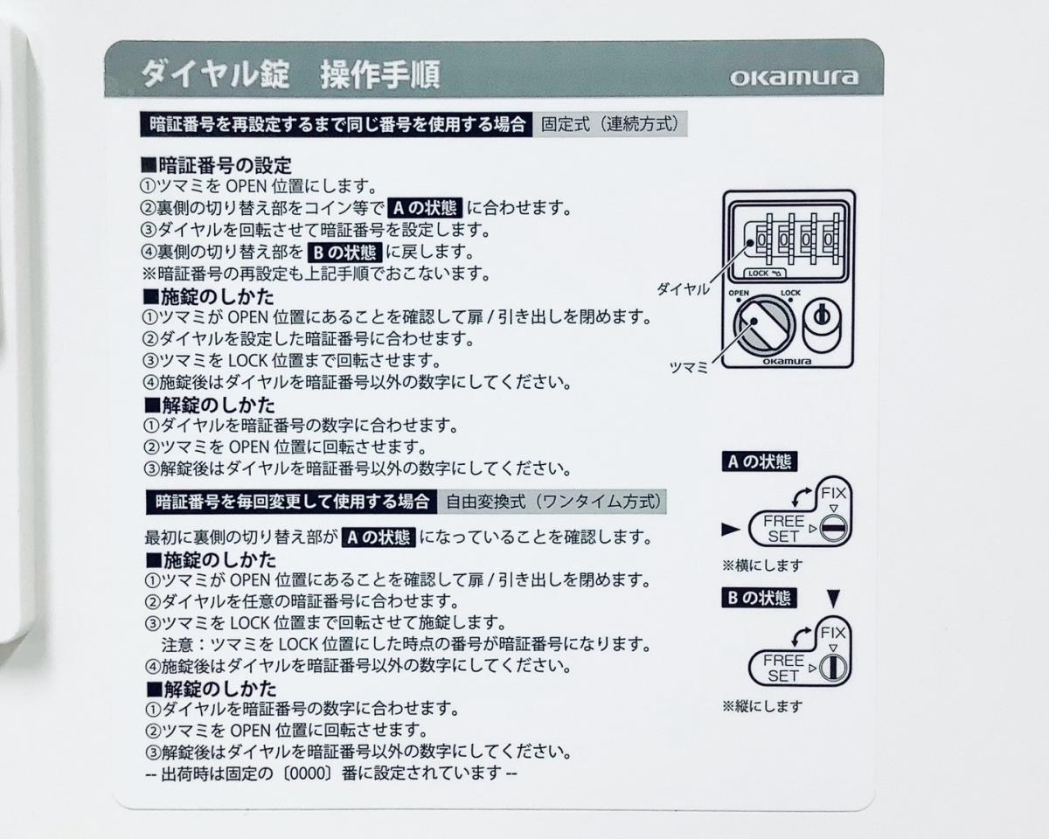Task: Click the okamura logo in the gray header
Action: tap(794, 78)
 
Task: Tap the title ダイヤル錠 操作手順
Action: tap(291, 74)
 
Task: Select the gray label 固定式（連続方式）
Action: tap(610, 124)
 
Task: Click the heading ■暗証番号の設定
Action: tap(216, 166)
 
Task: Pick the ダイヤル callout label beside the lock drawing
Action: tap(683, 289)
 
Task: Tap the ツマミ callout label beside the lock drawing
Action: tap(689, 367)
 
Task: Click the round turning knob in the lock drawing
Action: tap(763, 325)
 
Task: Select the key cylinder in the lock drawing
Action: tap(823, 323)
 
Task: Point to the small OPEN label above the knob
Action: tap(739, 293)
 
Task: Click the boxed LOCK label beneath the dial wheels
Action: tap(764, 274)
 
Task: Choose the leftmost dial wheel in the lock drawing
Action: tap(761, 239)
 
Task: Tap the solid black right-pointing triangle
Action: tap(731, 529)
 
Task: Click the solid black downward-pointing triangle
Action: tap(834, 599)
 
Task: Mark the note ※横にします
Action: tap(762, 565)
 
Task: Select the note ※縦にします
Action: tap(762, 706)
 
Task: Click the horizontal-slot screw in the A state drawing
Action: tap(834, 529)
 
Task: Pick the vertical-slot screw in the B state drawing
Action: tap(834, 669)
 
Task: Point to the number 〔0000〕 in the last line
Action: tap(308, 773)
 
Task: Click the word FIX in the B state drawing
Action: tap(833, 633)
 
